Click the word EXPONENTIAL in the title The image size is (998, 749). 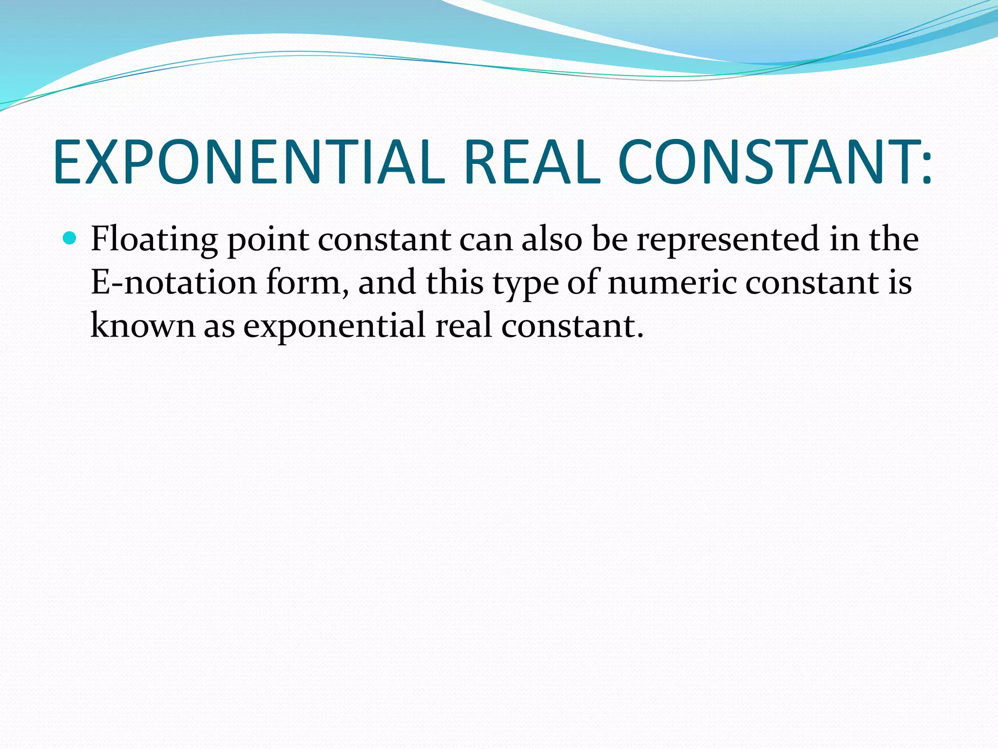tap(249, 162)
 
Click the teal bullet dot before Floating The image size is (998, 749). tap(70, 238)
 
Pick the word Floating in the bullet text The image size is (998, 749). tap(154, 240)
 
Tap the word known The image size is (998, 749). tap(142, 325)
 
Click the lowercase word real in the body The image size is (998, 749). tap(463, 325)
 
